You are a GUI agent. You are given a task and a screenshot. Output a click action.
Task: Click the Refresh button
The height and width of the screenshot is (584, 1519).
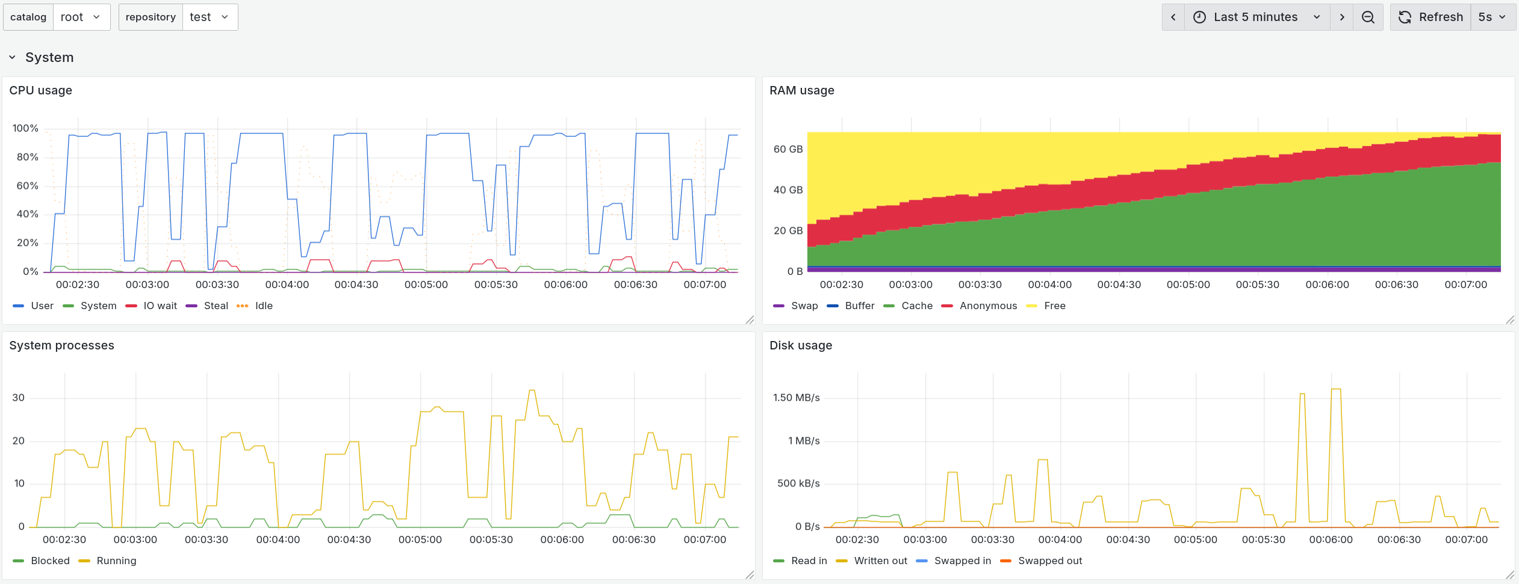click(1430, 17)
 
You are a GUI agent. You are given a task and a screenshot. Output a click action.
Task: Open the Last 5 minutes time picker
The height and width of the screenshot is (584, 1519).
click(1256, 17)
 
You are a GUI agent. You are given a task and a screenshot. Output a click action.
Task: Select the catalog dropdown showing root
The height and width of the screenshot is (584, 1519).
click(81, 17)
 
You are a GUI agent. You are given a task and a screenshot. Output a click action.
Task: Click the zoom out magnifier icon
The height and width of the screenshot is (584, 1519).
click(1368, 17)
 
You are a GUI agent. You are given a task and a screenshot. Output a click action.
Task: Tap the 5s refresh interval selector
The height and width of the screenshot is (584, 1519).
click(1493, 17)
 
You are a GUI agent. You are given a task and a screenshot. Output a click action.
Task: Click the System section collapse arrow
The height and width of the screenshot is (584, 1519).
click(12, 57)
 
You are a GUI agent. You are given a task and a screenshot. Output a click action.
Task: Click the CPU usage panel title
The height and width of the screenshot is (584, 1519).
click(40, 90)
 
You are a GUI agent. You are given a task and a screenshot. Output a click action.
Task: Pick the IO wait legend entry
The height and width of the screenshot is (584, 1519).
click(160, 306)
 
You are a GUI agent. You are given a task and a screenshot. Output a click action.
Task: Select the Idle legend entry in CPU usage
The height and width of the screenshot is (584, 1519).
click(263, 306)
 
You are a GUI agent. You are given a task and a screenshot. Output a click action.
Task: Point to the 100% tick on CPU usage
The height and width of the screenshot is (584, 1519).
click(25, 128)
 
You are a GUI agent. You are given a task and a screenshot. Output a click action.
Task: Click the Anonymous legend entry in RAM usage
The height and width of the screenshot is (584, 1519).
click(987, 306)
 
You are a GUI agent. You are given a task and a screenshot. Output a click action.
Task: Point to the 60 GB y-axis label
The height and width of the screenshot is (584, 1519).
click(787, 149)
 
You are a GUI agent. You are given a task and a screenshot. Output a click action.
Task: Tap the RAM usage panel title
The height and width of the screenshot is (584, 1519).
click(801, 90)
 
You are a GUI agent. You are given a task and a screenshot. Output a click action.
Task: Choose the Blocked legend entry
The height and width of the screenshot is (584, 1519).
click(50, 561)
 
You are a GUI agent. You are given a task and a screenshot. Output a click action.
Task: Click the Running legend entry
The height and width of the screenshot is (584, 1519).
click(116, 561)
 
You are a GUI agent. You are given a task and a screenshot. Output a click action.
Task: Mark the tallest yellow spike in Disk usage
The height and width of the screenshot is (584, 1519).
click(1335, 390)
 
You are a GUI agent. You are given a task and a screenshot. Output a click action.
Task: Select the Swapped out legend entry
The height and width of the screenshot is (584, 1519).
click(1049, 561)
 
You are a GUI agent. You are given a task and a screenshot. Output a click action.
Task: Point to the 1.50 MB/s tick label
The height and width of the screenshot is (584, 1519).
click(796, 398)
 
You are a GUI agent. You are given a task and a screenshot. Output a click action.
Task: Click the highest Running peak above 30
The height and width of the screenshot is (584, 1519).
click(532, 391)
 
